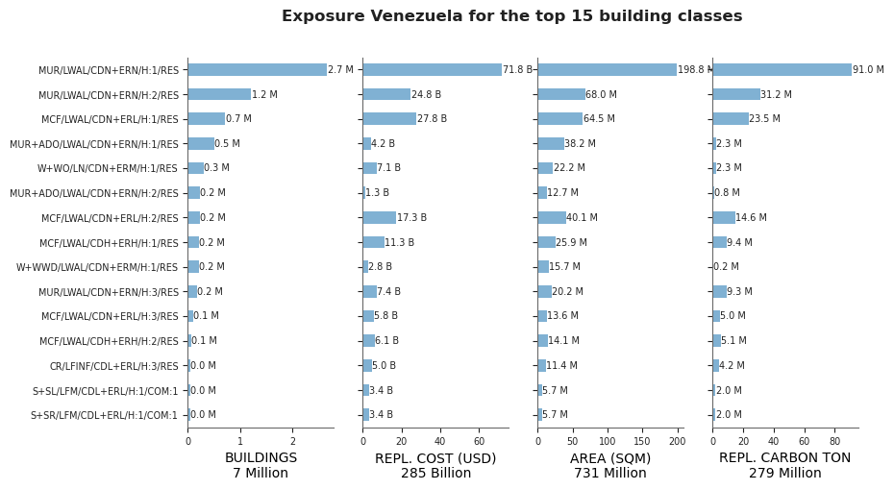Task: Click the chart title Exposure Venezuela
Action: coord(372,16)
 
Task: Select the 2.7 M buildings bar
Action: coord(257,69)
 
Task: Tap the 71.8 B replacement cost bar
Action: coord(433,69)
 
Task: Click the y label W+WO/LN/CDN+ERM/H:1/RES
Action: coord(108,168)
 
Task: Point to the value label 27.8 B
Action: coord(433,118)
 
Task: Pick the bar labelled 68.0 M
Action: coord(561,94)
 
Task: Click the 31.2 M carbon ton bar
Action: coord(736,94)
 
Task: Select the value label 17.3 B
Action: coord(411,218)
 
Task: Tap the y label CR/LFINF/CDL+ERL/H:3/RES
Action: coord(114,366)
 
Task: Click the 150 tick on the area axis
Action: coord(642,441)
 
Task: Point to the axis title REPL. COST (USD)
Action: coord(435,458)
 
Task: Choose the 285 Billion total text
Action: coord(435,473)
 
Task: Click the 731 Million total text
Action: coord(610,473)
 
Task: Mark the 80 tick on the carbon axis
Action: coord(834,441)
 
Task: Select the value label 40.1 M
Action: coord(583,218)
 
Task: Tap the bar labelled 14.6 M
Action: coord(724,218)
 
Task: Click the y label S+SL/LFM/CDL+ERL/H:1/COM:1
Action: coord(105,391)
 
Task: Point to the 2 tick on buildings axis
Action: coord(293,441)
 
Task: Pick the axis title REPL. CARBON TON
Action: coord(784,458)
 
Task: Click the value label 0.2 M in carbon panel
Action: coord(727,267)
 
